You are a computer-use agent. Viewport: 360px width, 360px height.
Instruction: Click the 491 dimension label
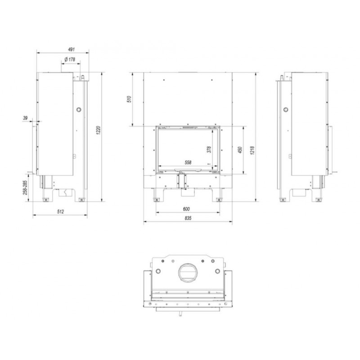pos(72,49)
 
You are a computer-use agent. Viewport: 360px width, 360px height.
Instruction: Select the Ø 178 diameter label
pos(70,59)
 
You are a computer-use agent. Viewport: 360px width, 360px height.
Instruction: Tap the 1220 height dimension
pos(99,130)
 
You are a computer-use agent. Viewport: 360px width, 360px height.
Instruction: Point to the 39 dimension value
pos(25,118)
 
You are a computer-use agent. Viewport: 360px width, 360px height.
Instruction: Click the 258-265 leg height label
pos(25,188)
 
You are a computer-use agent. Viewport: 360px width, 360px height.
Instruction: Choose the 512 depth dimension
pos(60,211)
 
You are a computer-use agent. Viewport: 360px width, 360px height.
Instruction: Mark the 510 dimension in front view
pos(130,99)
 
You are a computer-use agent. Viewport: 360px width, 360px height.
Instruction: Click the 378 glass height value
pos(209,149)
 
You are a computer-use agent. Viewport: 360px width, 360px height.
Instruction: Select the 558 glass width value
pos(188,162)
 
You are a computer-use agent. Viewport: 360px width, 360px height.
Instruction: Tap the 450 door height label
pos(240,150)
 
